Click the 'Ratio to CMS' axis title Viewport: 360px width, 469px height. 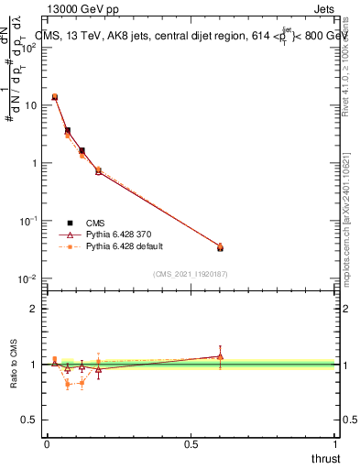12,364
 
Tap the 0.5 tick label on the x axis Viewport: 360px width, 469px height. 191,444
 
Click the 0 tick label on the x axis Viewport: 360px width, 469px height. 47,444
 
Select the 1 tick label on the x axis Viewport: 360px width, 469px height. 336,444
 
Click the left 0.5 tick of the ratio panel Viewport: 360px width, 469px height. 33,420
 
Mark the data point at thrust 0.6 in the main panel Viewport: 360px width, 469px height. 220,247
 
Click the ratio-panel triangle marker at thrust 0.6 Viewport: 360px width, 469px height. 220,356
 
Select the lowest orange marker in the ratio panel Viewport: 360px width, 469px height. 68,385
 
